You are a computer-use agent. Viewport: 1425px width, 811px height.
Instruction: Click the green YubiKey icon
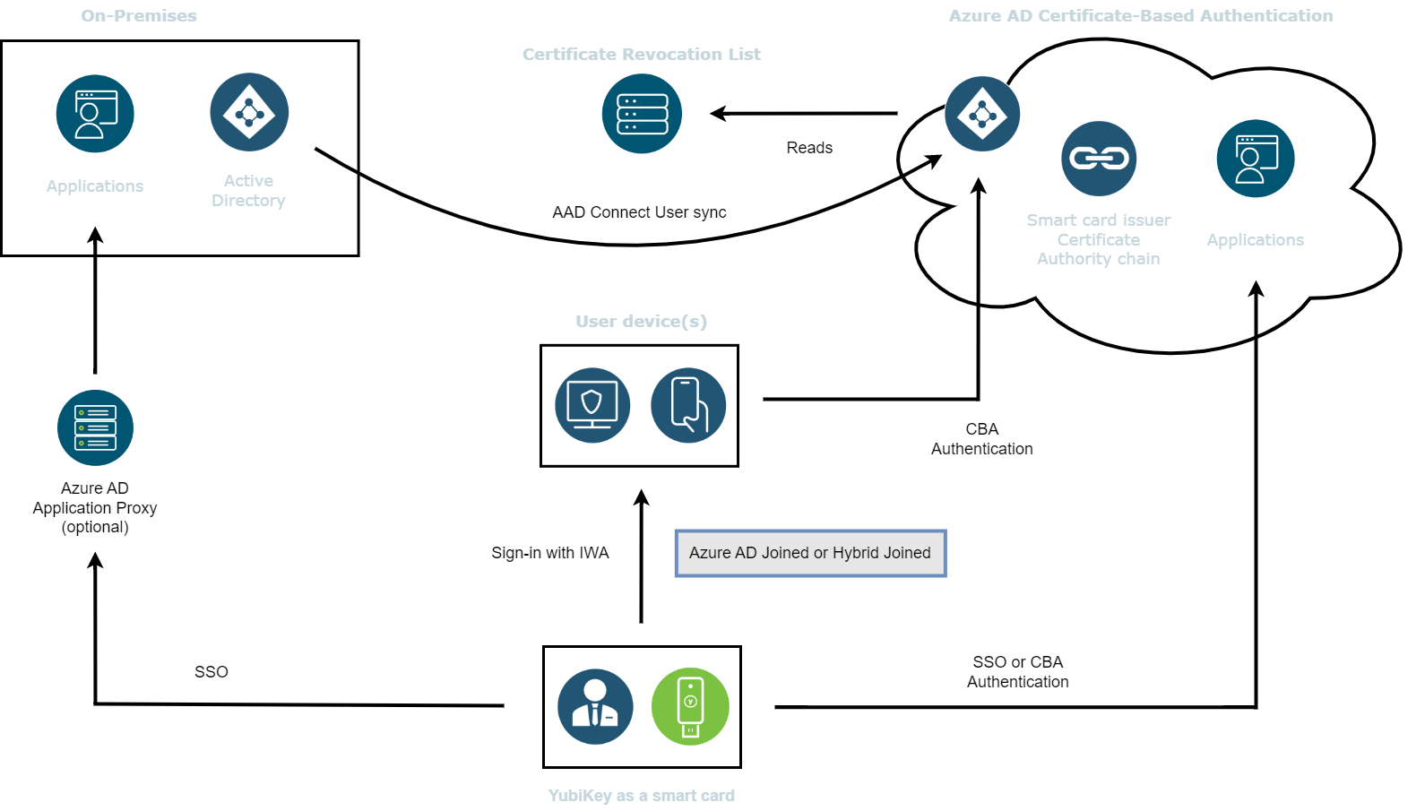pyautogui.click(x=690, y=706)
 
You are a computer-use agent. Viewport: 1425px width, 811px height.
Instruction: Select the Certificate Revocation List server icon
pyautogui.click(x=642, y=113)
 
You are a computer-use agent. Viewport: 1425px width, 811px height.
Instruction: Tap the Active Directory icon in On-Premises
pyautogui.click(x=249, y=112)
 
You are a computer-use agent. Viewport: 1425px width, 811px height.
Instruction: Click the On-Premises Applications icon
pyautogui.click(x=95, y=113)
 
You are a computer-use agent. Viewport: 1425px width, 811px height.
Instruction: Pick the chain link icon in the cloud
pyautogui.click(x=1099, y=159)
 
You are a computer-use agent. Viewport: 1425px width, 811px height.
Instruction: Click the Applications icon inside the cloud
pyautogui.click(x=1256, y=159)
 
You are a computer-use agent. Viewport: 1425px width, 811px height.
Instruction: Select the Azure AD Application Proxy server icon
pyautogui.click(x=95, y=427)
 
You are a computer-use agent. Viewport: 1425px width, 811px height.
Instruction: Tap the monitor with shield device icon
pyautogui.click(x=592, y=405)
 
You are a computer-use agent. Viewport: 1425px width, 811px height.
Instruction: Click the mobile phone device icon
pyautogui.click(x=688, y=405)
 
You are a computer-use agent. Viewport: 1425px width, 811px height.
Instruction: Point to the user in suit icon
pyautogui.click(x=595, y=707)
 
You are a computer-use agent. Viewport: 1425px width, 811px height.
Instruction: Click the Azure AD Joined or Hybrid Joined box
pyautogui.click(x=810, y=553)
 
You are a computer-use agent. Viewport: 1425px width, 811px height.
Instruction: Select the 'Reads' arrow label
pyautogui.click(x=809, y=148)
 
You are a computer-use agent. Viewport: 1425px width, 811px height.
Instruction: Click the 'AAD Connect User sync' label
pyautogui.click(x=639, y=211)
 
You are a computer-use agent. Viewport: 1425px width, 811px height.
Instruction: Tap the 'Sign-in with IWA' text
pyautogui.click(x=550, y=553)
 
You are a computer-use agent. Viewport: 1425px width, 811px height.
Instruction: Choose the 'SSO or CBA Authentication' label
pyautogui.click(x=1018, y=672)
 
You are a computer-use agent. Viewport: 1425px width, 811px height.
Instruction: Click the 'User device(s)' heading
pyautogui.click(x=642, y=321)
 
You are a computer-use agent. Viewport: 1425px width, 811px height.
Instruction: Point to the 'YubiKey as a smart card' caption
pyautogui.click(x=642, y=795)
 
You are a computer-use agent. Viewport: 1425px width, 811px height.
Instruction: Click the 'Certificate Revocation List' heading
pyautogui.click(x=642, y=54)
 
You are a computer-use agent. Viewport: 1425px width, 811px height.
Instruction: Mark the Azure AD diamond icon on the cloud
pyautogui.click(x=982, y=114)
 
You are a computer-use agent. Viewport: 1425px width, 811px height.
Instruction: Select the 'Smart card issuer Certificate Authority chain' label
pyautogui.click(x=1099, y=239)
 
